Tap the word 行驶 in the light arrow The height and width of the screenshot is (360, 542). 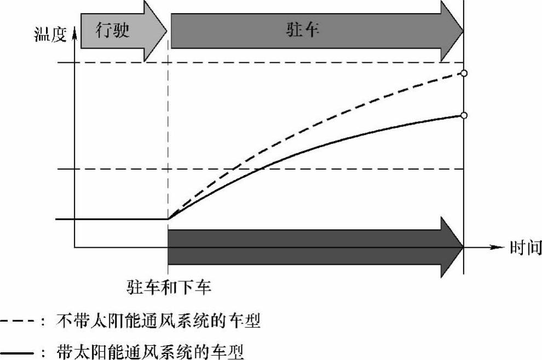pyautogui.click(x=112, y=30)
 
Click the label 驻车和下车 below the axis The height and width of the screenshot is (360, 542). pyautogui.click(x=169, y=286)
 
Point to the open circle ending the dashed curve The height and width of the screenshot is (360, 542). pyautogui.click(x=464, y=73)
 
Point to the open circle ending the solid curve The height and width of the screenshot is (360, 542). pyautogui.click(x=464, y=115)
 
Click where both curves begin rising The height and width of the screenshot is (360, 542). pyautogui.click(x=168, y=218)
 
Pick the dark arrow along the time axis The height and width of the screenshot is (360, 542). pyautogui.click(x=312, y=247)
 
